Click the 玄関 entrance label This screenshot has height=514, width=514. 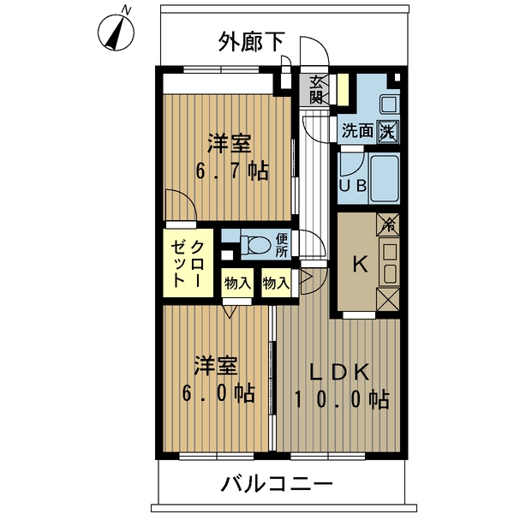click(x=316, y=89)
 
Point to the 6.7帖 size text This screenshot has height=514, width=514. click(x=232, y=170)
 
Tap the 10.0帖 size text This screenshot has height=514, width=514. click(x=341, y=398)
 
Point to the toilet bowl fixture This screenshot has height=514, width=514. click(x=254, y=245)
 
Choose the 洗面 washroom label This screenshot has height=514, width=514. click(x=357, y=131)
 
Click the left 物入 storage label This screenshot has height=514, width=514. click(x=236, y=282)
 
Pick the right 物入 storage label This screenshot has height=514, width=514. click(x=275, y=282)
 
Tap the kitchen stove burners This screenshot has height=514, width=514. click(x=389, y=261)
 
